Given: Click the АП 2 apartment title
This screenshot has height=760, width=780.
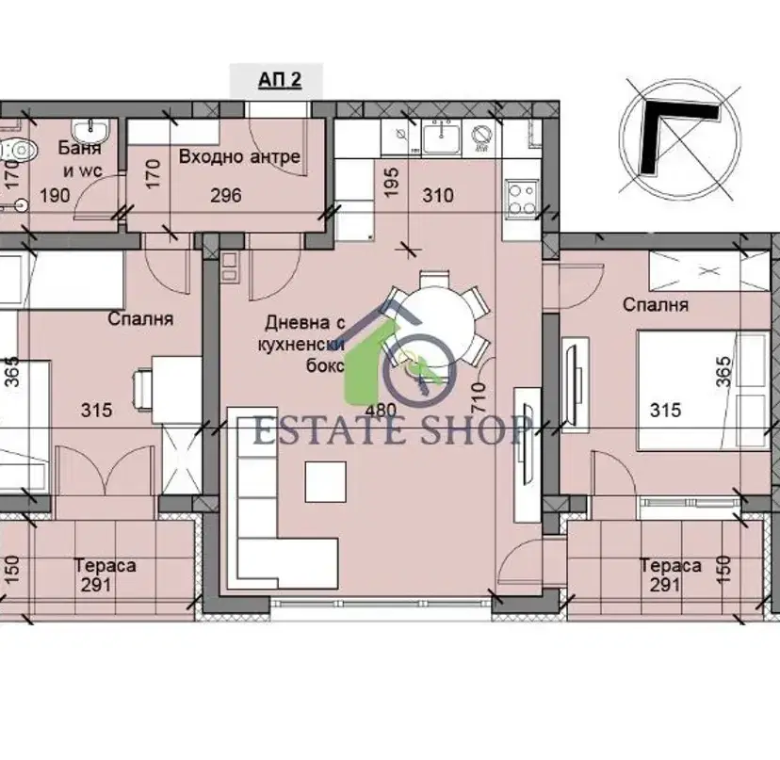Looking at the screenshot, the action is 280,80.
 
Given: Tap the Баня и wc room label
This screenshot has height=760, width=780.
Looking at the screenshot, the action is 79,158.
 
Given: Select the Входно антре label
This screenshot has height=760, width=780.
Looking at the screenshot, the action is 239,156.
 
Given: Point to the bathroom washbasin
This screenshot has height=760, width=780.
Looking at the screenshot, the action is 89,130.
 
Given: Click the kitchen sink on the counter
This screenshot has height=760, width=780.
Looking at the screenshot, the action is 441,137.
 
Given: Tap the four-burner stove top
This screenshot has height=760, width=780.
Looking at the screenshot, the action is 522,200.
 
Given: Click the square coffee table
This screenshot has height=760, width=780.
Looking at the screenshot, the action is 325,482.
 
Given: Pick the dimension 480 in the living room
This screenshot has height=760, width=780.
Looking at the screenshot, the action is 381,410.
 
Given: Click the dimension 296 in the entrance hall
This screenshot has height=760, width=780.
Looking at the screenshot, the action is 226,196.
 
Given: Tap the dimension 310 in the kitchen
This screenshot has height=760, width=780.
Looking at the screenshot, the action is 438,196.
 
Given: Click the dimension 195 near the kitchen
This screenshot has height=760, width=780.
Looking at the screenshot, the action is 392,182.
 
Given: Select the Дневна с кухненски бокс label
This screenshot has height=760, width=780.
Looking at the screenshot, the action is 301,344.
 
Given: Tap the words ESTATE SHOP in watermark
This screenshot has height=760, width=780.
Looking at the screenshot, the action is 393,429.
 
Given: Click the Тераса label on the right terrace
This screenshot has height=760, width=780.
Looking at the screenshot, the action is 670,565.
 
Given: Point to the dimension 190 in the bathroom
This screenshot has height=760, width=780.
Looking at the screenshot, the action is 55,196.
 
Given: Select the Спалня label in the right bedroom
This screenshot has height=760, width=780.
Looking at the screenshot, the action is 656,304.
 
